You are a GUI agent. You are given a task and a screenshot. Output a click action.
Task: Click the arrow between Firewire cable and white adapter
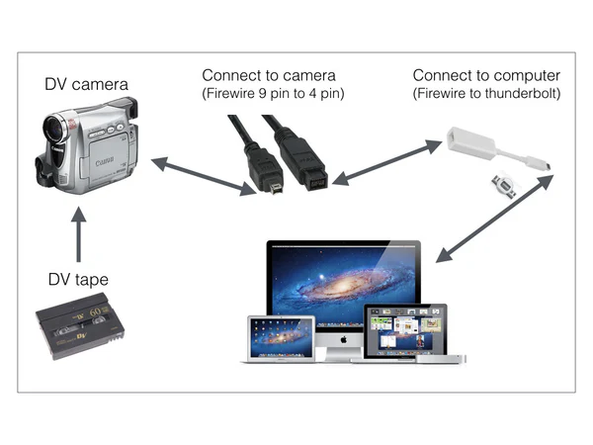[386, 162]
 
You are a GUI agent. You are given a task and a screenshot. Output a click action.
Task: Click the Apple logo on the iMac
[342, 337]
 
